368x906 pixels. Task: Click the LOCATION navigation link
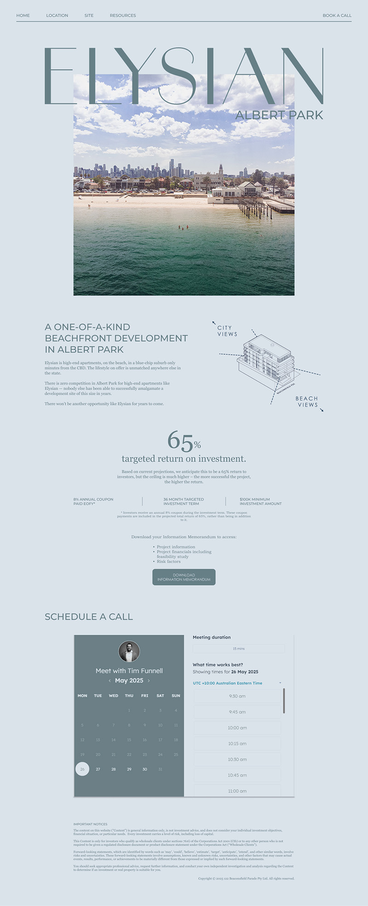pyautogui.click(x=57, y=16)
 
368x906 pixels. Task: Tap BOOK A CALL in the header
pyautogui.click(x=337, y=16)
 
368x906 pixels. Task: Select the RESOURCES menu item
pyautogui.click(x=123, y=16)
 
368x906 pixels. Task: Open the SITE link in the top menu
pyautogui.click(x=89, y=16)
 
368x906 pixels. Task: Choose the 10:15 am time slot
pyautogui.click(x=237, y=743)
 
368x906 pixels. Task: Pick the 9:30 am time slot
pyautogui.click(x=237, y=696)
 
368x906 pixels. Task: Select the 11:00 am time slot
pyautogui.click(x=237, y=791)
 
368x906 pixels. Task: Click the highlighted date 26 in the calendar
pyautogui.click(x=82, y=769)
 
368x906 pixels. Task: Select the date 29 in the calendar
pyautogui.click(x=129, y=769)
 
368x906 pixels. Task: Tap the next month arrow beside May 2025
pyautogui.click(x=149, y=681)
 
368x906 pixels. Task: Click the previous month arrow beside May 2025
pyautogui.click(x=109, y=681)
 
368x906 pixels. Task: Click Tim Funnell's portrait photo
pyautogui.click(x=129, y=652)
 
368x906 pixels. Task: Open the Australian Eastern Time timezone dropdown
pyautogui.click(x=237, y=683)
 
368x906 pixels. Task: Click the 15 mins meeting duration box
pyautogui.click(x=239, y=649)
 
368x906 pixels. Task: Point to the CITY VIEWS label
pyautogui.click(x=227, y=331)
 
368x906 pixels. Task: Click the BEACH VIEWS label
pyautogui.click(x=307, y=402)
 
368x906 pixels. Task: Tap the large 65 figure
pyautogui.click(x=180, y=441)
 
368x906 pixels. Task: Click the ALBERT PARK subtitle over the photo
pyautogui.click(x=279, y=115)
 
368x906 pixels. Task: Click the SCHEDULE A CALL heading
pyautogui.click(x=89, y=617)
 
